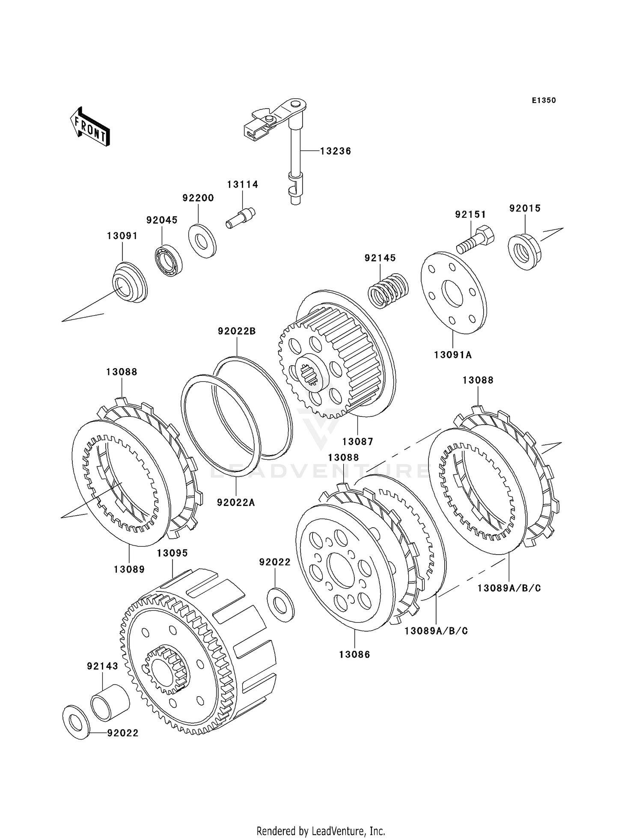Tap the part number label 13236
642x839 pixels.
pos(336,151)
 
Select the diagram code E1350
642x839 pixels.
pos(544,100)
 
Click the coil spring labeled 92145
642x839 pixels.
pos(388,290)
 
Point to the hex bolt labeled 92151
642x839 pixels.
pos(476,239)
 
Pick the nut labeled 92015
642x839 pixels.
pos(525,252)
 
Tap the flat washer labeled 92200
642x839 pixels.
pos(202,240)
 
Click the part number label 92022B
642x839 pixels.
pos(237,331)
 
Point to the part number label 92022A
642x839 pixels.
pos(236,502)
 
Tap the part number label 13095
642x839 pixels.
pos(172,553)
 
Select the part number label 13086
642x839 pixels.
pos(354,654)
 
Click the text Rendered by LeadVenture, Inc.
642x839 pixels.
pos(321,831)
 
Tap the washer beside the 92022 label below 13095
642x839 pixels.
pos(280,603)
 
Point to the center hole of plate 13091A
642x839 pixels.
pos(453,294)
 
